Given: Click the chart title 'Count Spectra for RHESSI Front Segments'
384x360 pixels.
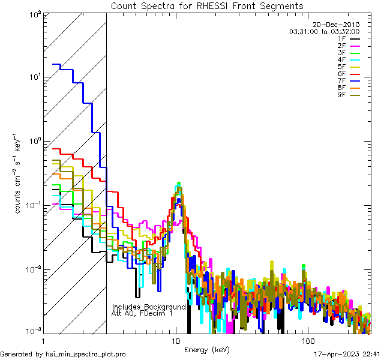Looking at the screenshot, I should [207, 6].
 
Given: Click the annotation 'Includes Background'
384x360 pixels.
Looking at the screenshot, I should [149, 307].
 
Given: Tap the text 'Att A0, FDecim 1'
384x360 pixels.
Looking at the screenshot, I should [142, 313].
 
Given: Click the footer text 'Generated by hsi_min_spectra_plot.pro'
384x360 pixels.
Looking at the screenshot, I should [64, 355].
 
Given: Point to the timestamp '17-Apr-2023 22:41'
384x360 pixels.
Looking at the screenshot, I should [346, 354].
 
